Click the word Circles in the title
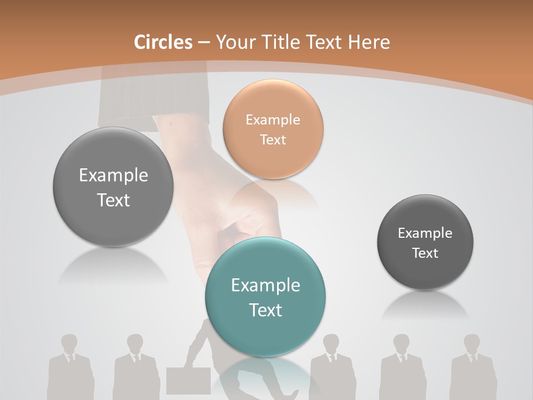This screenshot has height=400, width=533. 163,42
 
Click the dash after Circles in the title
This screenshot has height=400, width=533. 204,43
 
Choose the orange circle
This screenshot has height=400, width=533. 273,129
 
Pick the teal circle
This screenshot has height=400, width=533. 265,297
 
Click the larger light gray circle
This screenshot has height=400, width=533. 113,187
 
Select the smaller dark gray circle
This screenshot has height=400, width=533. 425,242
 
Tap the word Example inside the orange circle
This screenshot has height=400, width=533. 273,119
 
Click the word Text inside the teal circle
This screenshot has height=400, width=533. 265,310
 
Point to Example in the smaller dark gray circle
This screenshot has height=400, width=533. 425,233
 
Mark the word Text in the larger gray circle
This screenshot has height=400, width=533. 113,200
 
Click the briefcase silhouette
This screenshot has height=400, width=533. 188,380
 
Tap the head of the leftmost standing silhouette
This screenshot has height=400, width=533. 69,343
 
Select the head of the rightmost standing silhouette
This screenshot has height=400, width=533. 472,343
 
